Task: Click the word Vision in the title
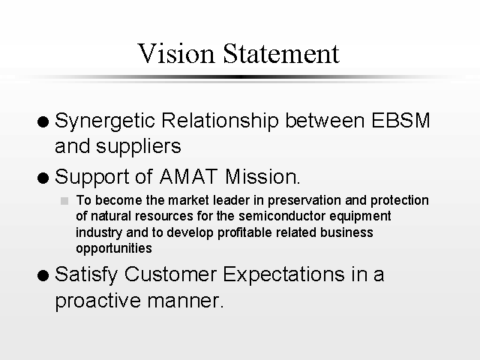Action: (176, 53)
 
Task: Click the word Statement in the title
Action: (281, 53)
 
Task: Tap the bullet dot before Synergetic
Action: (43, 121)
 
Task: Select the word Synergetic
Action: (105, 121)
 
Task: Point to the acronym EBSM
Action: (400, 120)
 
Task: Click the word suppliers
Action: (139, 147)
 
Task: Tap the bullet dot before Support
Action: (43, 178)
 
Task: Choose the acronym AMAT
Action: (188, 177)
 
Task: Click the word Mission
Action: (262, 177)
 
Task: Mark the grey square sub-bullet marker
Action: (64, 201)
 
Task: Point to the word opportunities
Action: (114, 249)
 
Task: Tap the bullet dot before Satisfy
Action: (43, 275)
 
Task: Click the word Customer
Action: (171, 274)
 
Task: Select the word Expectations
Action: (283, 275)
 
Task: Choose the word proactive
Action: (97, 301)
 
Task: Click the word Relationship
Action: (220, 121)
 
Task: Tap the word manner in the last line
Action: (185, 301)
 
